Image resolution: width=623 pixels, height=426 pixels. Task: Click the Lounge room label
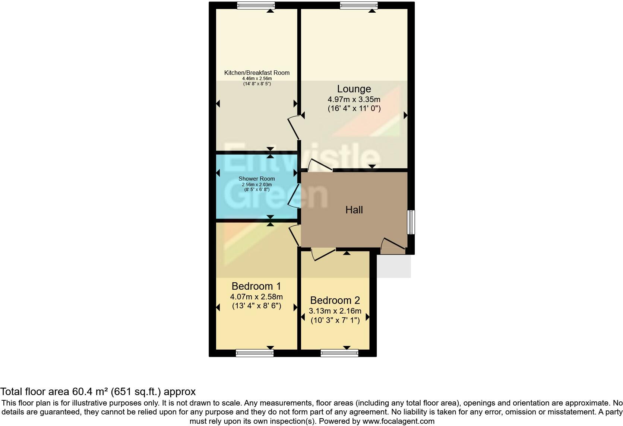tap(354, 89)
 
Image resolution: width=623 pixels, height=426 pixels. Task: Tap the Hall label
tap(354, 210)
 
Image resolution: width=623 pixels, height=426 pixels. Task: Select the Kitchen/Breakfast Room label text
tap(257, 73)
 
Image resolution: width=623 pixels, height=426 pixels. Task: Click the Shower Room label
tap(257, 179)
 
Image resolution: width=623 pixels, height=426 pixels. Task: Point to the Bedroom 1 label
tap(256, 286)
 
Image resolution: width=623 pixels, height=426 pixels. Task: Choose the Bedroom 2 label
tap(335, 301)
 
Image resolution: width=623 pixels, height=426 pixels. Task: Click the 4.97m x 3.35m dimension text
tap(354, 99)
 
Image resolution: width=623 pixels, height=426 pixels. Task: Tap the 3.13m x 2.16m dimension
tap(335, 311)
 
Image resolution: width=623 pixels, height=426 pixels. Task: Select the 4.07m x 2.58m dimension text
tap(256, 297)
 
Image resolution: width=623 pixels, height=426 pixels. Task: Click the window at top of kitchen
tap(256, 5)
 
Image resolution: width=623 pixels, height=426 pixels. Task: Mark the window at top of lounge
tap(358, 5)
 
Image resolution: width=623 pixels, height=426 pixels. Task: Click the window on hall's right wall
tap(411, 222)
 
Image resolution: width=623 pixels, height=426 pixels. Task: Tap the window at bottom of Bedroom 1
tap(254, 353)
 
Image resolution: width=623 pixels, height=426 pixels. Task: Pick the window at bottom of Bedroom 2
tap(339, 353)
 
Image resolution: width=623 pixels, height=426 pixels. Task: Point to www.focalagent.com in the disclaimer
tap(398, 421)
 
